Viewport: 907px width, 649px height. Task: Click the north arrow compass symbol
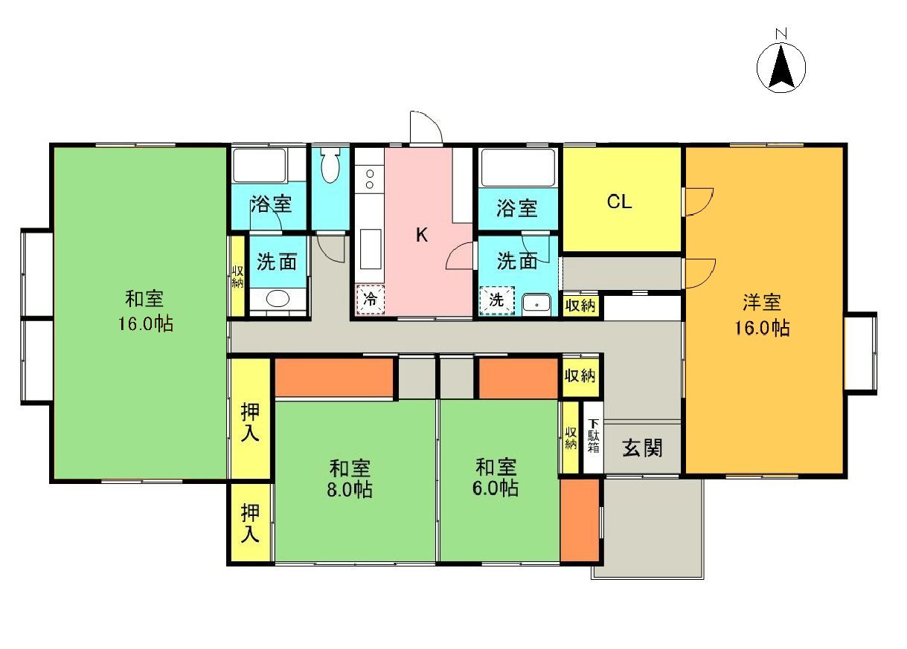(781, 68)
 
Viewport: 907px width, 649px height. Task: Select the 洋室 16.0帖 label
(766, 314)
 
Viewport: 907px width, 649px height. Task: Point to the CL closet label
(620, 202)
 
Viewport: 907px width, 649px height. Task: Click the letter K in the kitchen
(421, 236)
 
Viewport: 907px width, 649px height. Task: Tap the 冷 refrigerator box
(369, 301)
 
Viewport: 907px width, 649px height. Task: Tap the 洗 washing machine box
(495, 301)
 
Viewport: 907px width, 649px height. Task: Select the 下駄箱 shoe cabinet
(593, 437)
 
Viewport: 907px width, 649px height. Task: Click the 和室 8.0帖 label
(351, 479)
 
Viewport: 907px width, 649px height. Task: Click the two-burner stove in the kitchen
(368, 180)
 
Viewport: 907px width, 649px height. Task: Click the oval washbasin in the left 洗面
(278, 299)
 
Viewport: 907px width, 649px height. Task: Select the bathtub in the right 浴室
(518, 168)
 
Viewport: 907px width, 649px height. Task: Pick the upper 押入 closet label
(250, 421)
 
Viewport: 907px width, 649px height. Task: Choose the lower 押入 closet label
(250, 523)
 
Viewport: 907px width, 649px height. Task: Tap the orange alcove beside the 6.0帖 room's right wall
(580, 520)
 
